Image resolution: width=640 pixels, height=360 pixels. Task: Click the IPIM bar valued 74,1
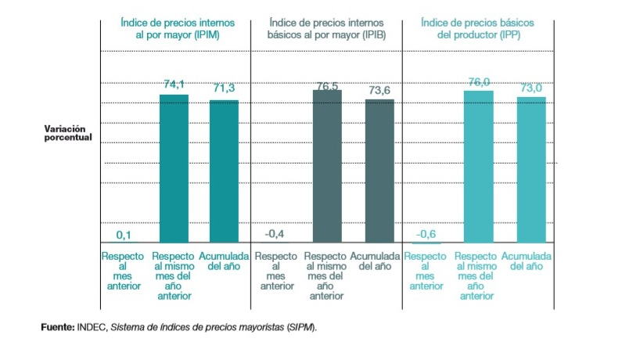point(174,168)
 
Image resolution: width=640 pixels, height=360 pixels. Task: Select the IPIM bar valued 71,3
point(224,171)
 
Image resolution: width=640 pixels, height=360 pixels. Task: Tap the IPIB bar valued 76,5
point(327,166)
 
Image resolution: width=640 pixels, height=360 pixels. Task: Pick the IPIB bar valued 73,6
point(379,170)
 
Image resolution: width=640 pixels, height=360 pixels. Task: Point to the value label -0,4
point(275,233)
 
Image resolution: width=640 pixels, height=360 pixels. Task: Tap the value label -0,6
point(426,234)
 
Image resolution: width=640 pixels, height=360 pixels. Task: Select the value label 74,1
point(174,85)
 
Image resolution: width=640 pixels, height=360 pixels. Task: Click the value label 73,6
point(379,91)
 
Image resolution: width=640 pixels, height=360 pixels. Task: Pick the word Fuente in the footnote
point(57,326)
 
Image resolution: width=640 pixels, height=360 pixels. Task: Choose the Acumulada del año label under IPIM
point(224,261)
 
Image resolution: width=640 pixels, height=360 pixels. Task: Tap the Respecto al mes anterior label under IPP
point(426,271)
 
